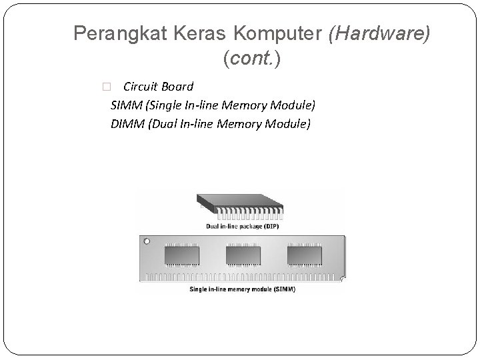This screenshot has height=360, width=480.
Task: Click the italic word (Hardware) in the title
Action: [377, 33]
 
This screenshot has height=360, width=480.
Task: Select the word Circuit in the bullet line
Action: [140, 86]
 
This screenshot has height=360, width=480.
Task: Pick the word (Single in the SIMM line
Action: [165, 105]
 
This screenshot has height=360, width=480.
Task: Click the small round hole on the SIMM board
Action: [146, 241]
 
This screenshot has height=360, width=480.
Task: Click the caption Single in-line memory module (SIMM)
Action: [243, 289]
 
